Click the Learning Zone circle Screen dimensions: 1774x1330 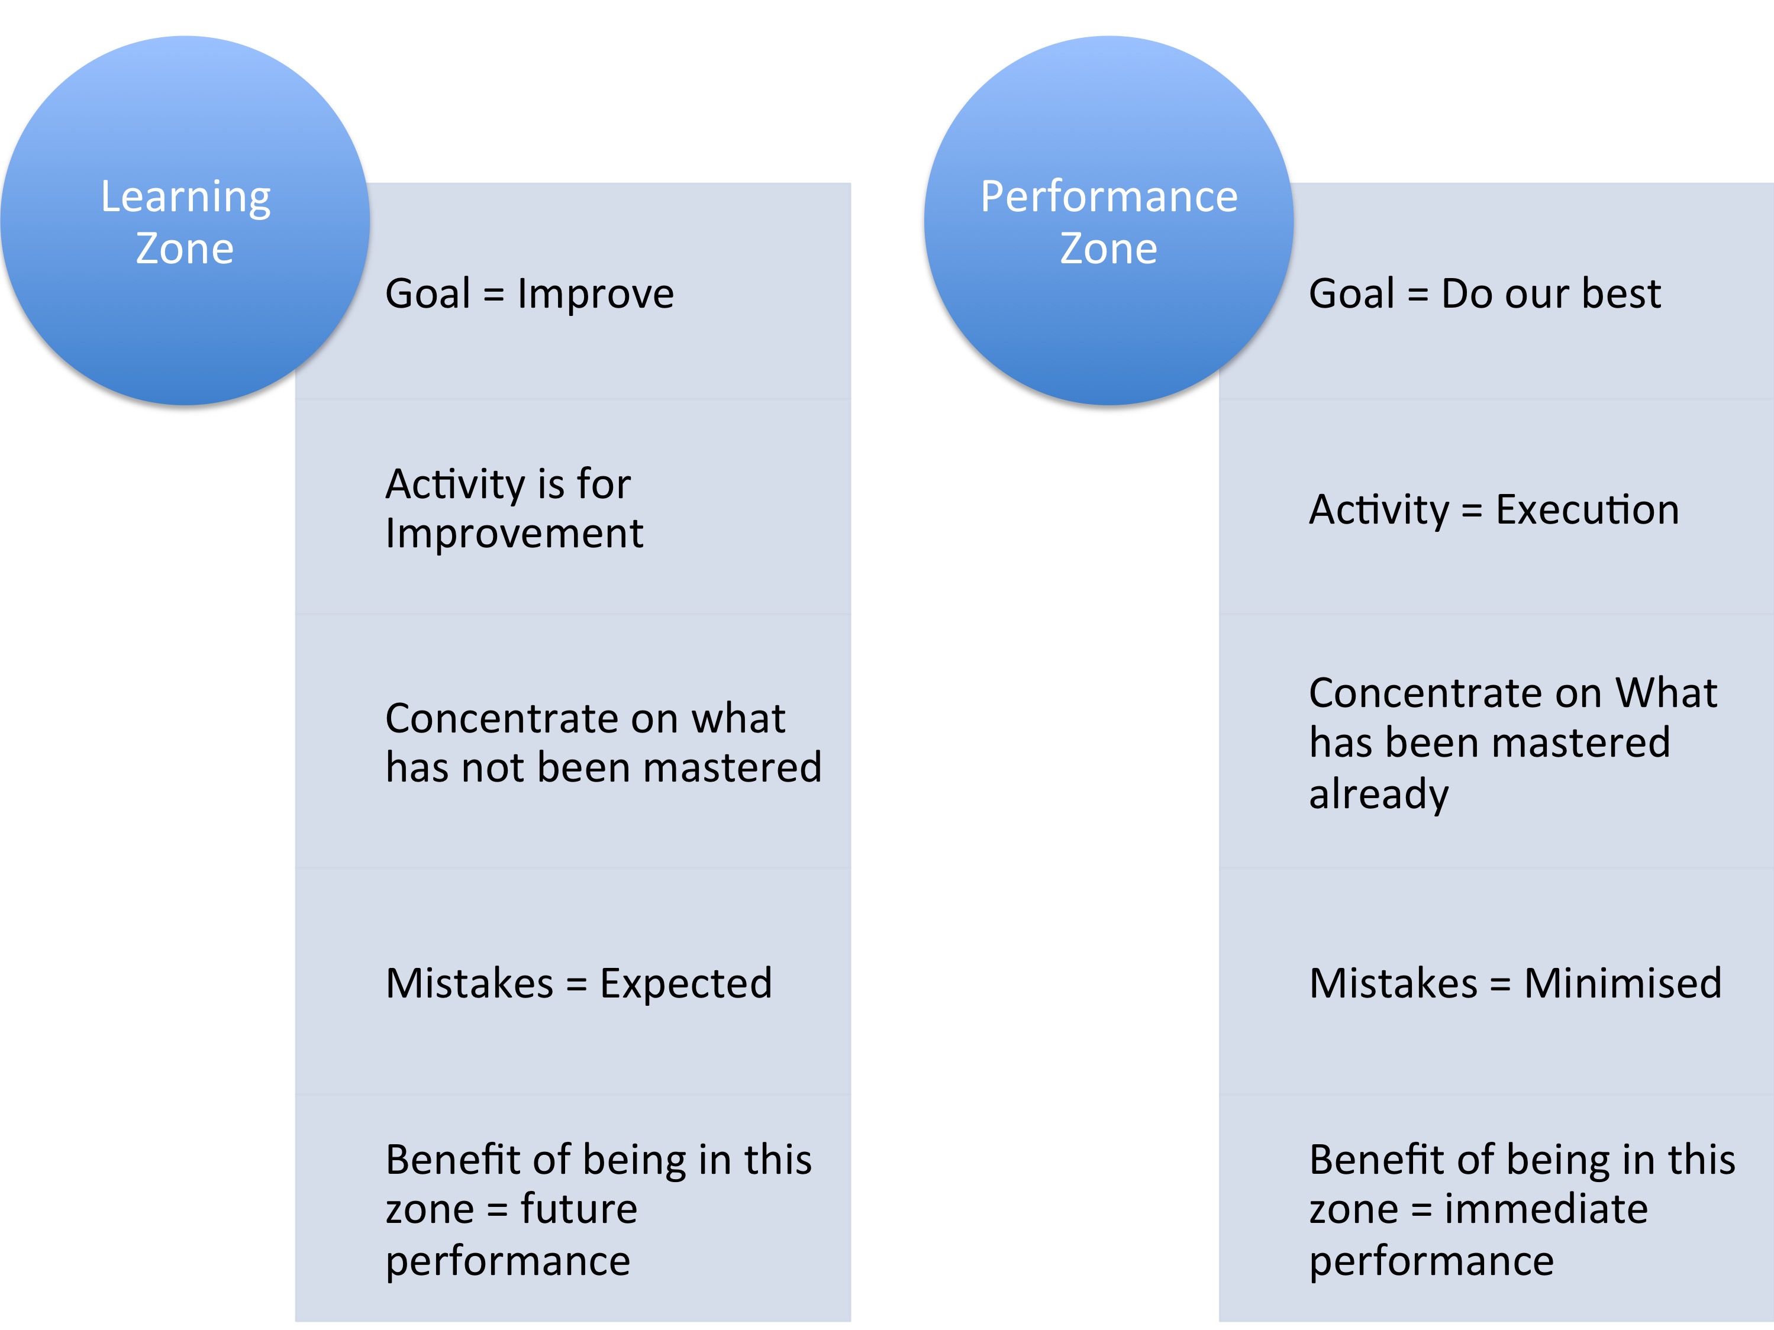pos(185,221)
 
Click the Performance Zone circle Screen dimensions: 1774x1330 pos(1109,221)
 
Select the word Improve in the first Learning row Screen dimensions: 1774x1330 pos(596,293)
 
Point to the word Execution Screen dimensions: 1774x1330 pos(1587,510)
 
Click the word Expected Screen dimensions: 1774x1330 pos(686,984)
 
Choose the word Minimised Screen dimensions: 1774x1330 pos(1623,984)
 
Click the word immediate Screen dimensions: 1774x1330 pos(1546,1209)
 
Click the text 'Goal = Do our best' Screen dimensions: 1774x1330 pos(1485,293)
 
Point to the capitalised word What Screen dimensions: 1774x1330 pos(1666,693)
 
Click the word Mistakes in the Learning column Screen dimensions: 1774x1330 pos(470,984)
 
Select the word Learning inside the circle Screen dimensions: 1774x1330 pos(185,197)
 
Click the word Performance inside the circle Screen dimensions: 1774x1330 pos(1109,196)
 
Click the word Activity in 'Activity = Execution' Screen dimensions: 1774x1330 pos(1379,511)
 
